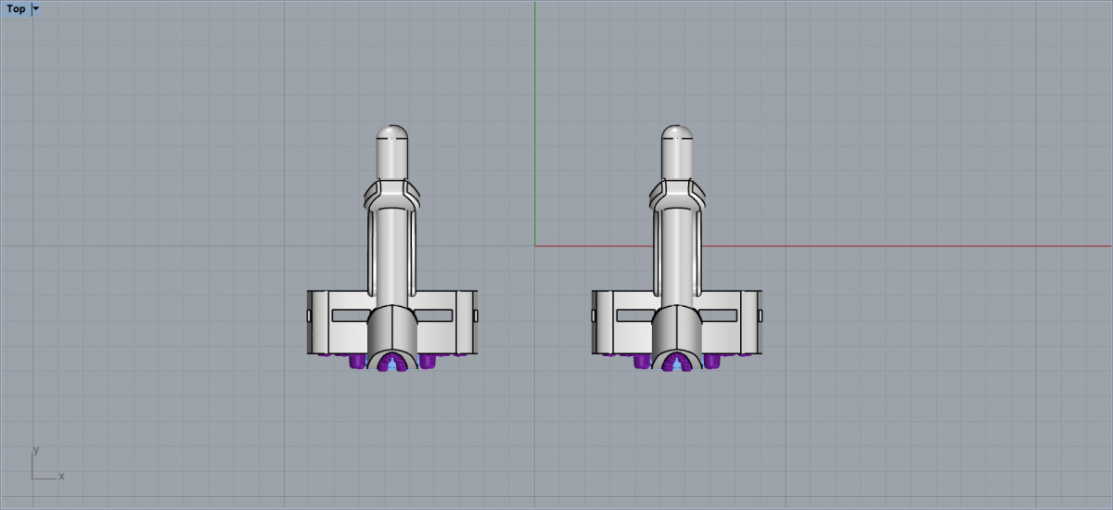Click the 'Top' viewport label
point(16,9)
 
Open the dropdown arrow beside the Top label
point(36,9)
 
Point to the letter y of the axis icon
point(36,450)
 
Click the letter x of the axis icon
point(61,477)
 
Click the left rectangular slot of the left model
point(351,315)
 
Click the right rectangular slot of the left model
point(433,315)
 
